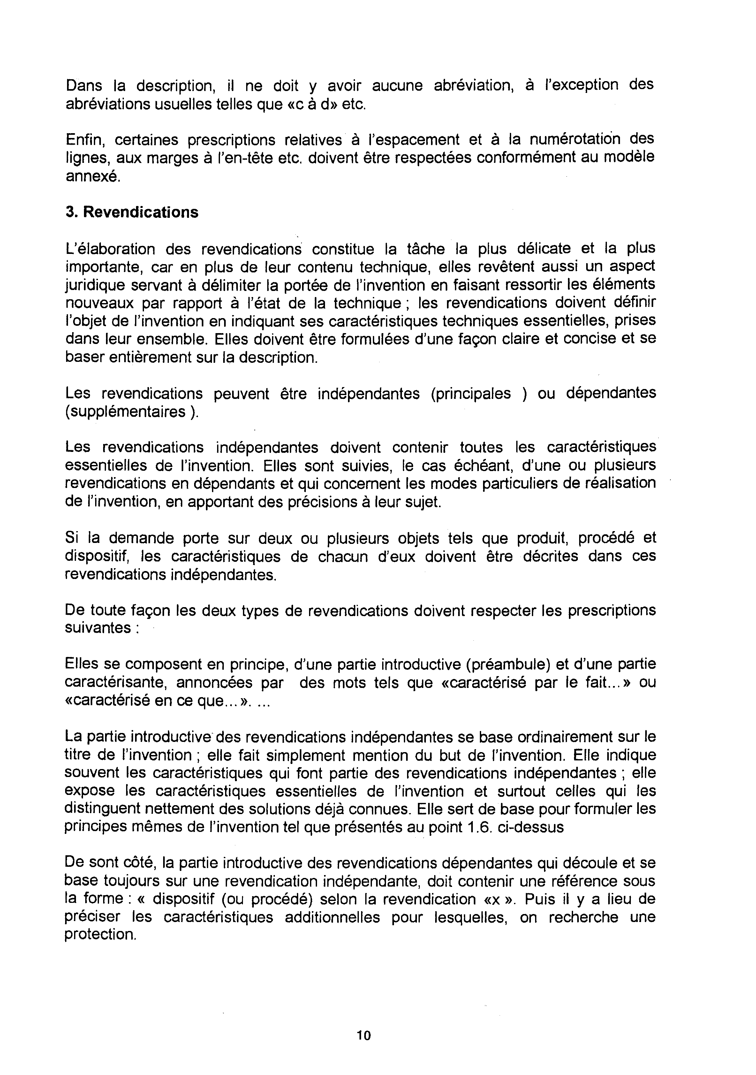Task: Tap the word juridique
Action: (95, 285)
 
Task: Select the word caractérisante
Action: (115, 682)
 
